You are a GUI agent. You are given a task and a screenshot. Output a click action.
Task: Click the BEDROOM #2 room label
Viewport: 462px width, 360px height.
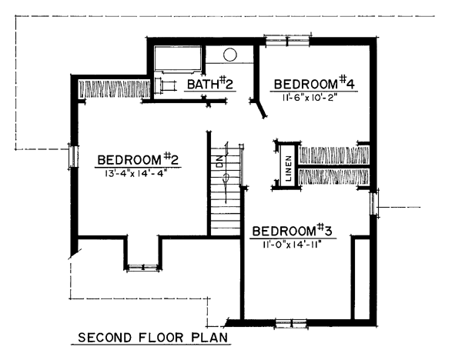[x=138, y=160]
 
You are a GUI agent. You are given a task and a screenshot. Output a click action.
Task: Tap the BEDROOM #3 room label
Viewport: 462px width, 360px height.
[x=293, y=231]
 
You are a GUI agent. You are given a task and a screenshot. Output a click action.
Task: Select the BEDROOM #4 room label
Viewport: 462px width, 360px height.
[x=314, y=84]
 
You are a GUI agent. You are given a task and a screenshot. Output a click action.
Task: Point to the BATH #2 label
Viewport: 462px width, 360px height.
[x=210, y=84]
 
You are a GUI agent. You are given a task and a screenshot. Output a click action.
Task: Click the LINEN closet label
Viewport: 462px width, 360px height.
[x=289, y=168]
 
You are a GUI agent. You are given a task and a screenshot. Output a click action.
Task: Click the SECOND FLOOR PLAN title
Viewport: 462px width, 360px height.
[x=153, y=338]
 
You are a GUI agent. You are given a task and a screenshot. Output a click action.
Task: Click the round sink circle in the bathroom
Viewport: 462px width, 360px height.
[x=229, y=55]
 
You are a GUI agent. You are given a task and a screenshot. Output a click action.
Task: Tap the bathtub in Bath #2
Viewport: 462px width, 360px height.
[x=178, y=58]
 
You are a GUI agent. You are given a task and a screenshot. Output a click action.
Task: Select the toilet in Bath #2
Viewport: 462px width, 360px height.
[x=166, y=85]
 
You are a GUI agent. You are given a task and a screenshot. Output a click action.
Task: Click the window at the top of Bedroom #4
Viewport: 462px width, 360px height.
[x=287, y=40]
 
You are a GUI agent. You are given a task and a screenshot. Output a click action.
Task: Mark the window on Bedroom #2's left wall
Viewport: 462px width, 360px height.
[x=73, y=156]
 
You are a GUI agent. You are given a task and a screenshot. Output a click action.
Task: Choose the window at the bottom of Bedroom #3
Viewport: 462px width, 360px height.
[x=291, y=323]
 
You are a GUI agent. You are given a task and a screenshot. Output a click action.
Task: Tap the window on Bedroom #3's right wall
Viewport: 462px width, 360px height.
[x=374, y=204]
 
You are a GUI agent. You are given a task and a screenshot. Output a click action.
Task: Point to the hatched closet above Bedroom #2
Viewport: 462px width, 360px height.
[x=114, y=89]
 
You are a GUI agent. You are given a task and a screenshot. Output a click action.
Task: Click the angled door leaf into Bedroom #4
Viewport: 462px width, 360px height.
[x=261, y=109]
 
